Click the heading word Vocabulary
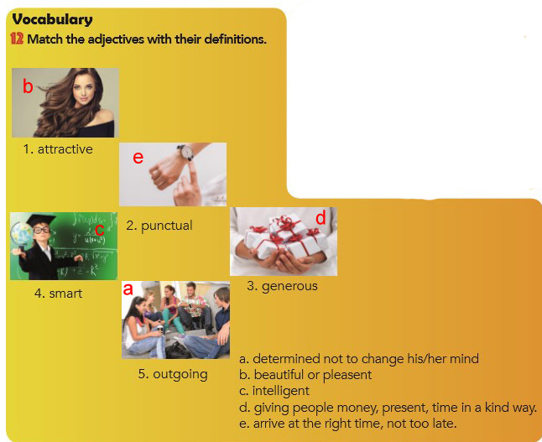[x=52, y=19]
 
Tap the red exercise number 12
[x=17, y=39]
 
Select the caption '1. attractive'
[x=58, y=149]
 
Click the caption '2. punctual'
[x=159, y=226]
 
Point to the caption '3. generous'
[x=283, y=287]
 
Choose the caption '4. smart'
[x=59, y=294]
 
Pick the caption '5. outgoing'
[x=173, y=374]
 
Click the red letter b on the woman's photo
[x=28, y=86]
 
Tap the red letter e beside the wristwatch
[x=138, y=158]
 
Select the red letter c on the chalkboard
[x=99, y=230]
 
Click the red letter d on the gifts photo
[x=321, y=217]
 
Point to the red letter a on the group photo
[x=128, y=289]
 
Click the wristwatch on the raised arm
[x=186, y=152]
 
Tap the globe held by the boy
[x=22, y=235]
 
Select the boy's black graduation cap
[x=41, y=220]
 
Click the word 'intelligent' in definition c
[x=281, y=391]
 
